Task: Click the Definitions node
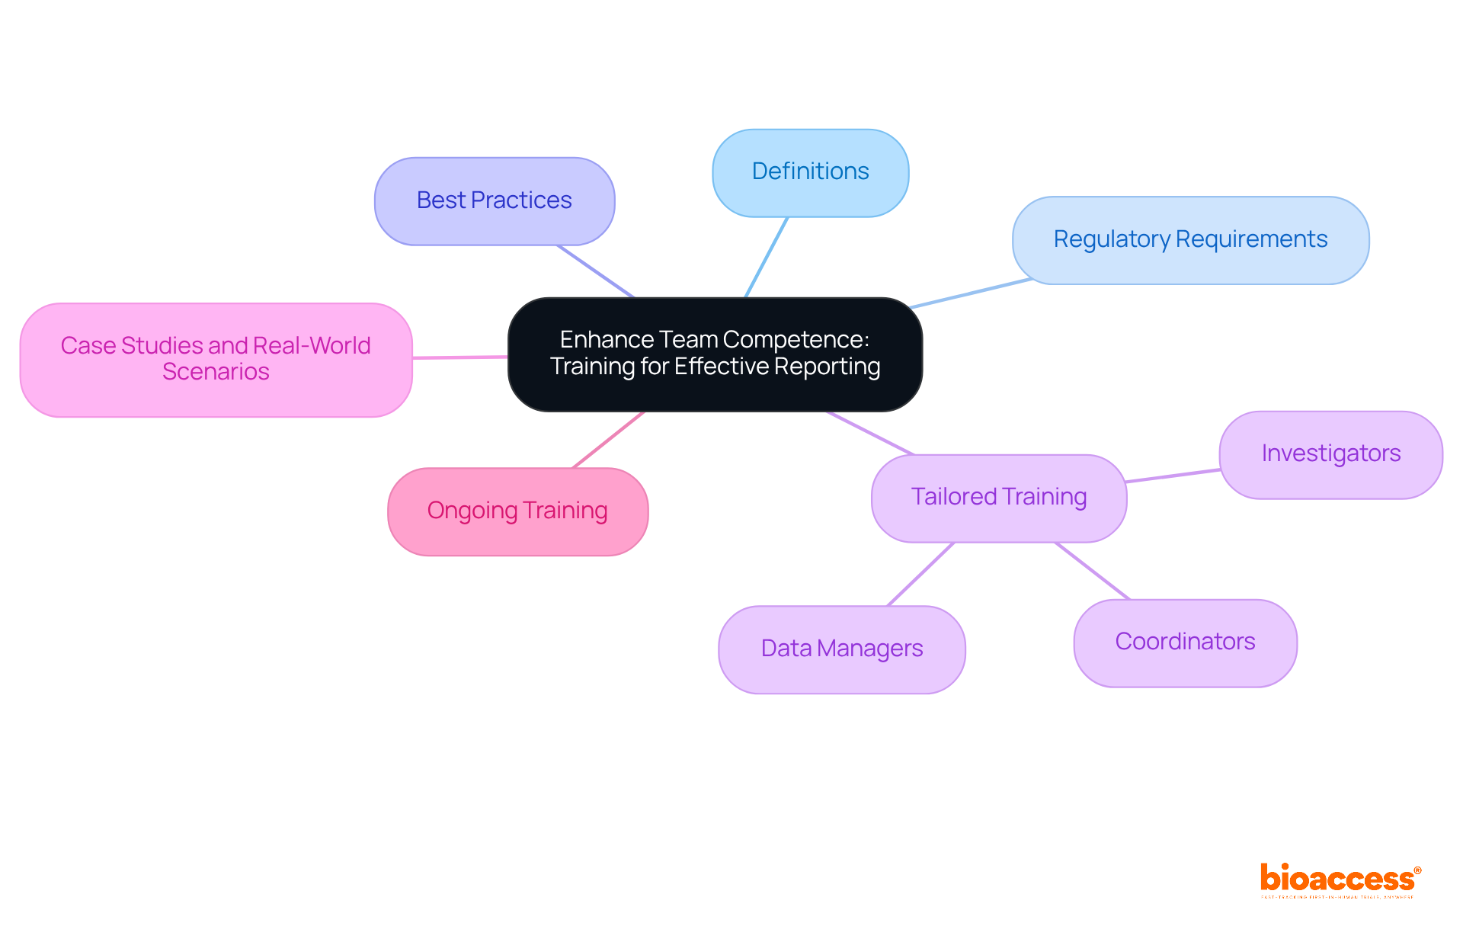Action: [810, 172]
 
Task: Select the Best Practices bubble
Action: [494, 201]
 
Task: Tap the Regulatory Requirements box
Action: [1189, 240]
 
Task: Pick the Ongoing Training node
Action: [517, 511]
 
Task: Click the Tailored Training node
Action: [998, 498]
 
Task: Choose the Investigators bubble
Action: [1330, 454]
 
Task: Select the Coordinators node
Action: [1185, 642]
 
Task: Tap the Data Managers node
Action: [841, 649]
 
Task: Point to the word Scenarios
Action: [216, 372]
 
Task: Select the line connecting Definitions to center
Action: [767, 257]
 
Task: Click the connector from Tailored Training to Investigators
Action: [1173, 476]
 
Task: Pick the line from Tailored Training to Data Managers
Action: [920, 575]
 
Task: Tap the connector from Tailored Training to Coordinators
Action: [1092, 571]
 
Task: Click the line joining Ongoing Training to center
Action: [608, 440]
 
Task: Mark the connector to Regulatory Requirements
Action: [971, 293]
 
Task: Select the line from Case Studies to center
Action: [459, 357]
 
